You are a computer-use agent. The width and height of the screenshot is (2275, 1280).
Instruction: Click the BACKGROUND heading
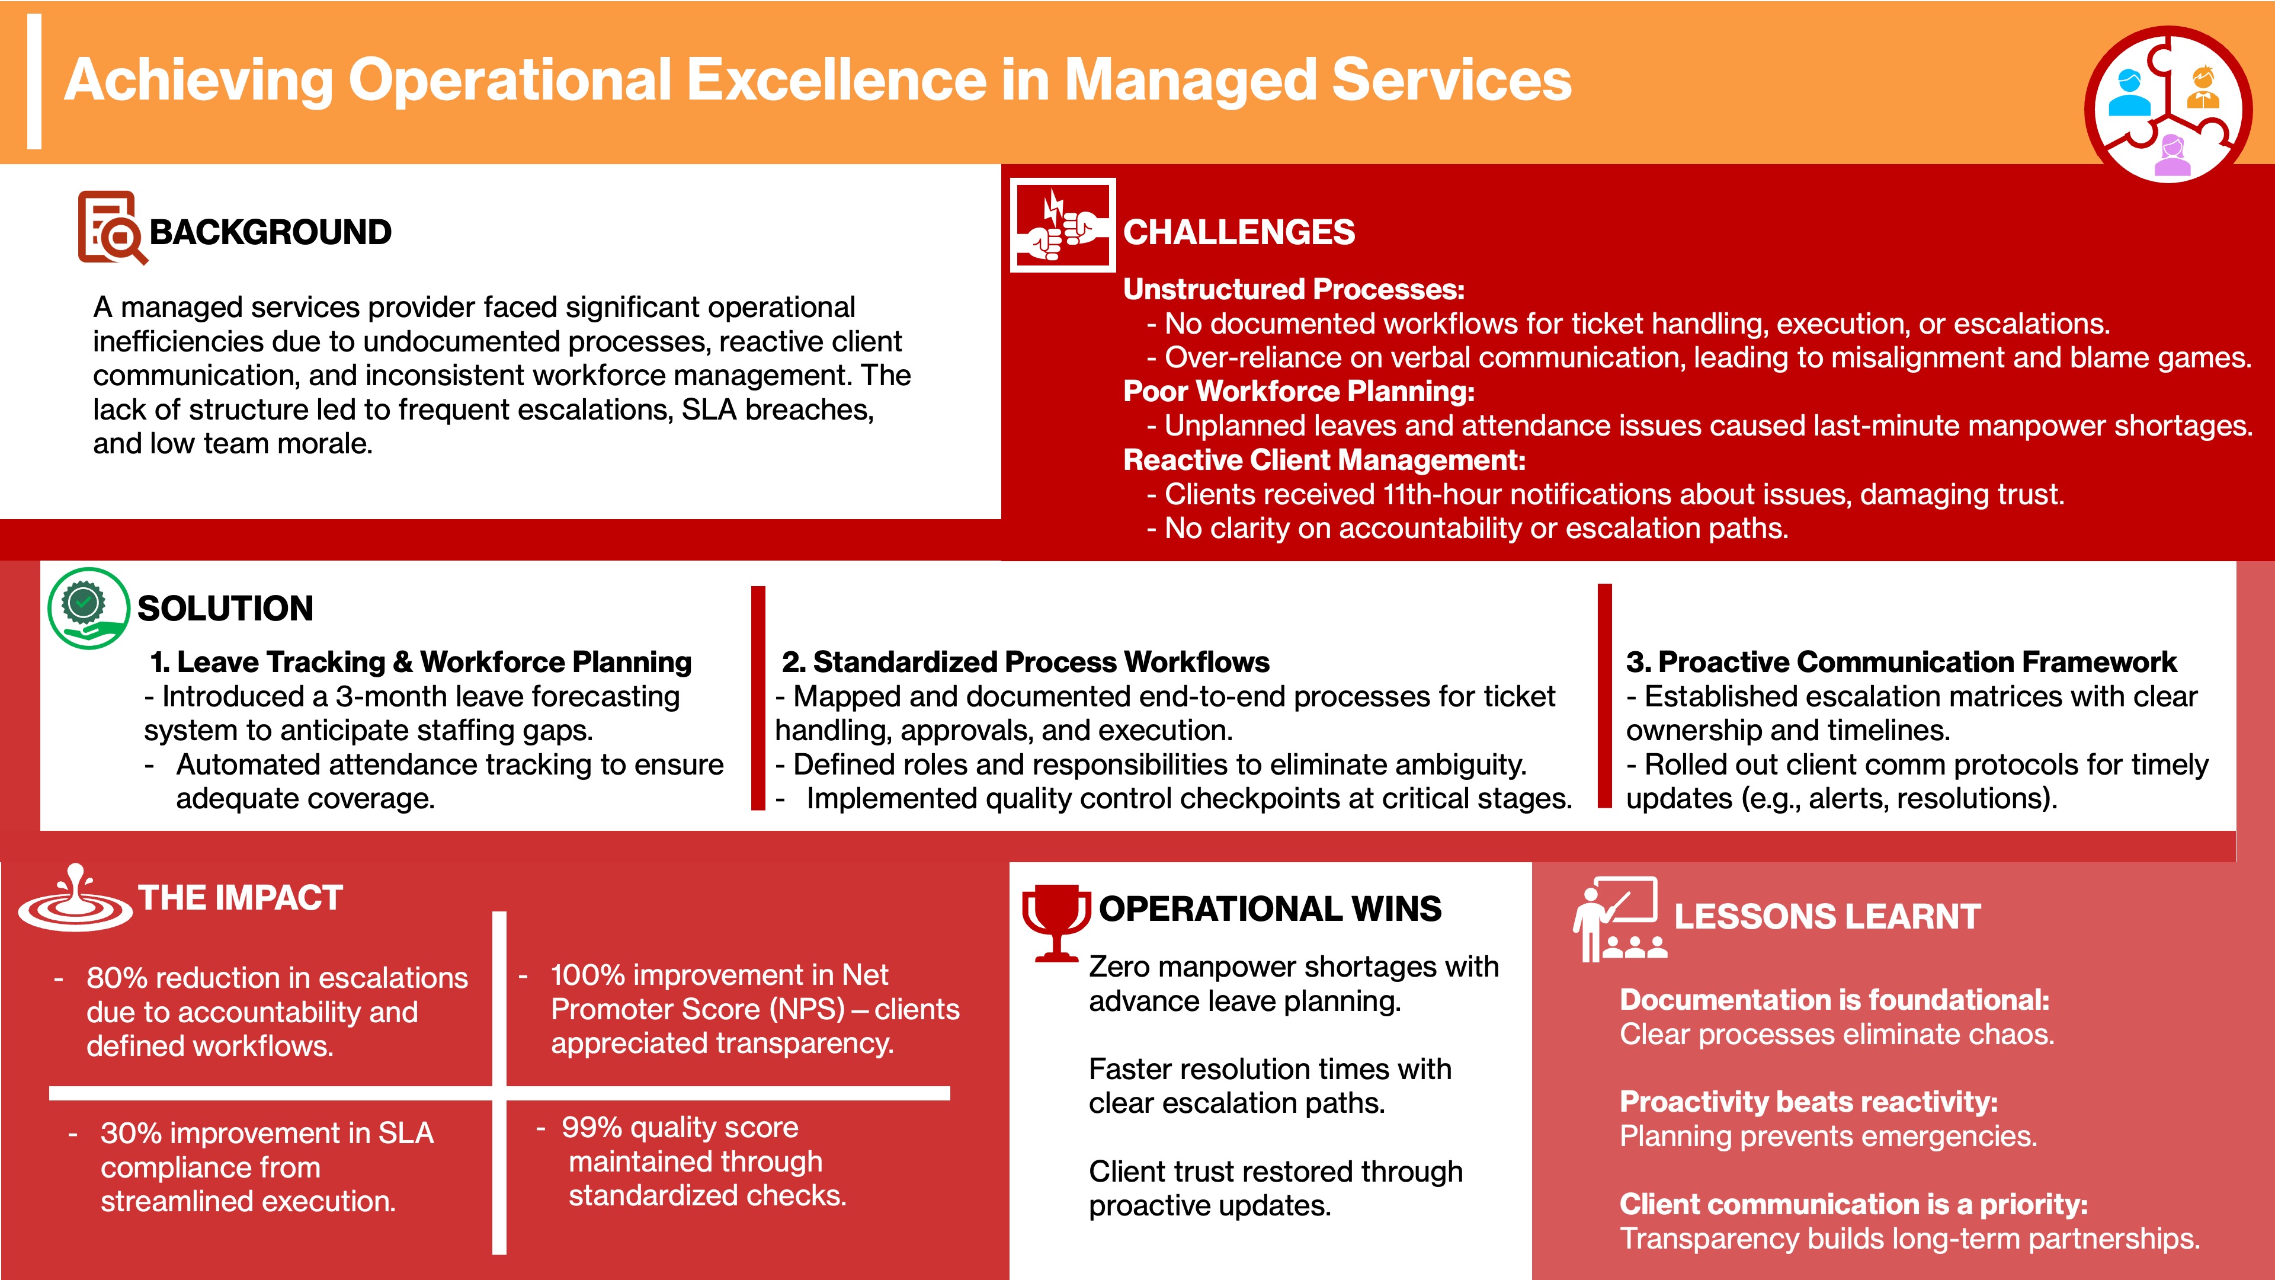click(x=270, y=232)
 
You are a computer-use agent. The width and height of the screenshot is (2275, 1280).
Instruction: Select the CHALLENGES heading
click(x=1238, y=232)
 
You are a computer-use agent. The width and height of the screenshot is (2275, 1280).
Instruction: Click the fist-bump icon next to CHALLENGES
click(x=1062, y=225)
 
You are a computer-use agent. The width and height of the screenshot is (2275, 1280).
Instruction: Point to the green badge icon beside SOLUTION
click(x=88, y=609)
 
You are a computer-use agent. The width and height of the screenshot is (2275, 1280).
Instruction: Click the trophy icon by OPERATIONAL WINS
click(x=1055, y=922)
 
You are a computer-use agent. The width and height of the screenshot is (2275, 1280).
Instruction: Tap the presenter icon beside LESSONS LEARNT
click(x=1619, y=919)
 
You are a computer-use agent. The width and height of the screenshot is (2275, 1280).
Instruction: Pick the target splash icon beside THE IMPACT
click(x=76, y=898)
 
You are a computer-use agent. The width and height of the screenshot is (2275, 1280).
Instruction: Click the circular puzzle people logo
click(x=2168, y=104)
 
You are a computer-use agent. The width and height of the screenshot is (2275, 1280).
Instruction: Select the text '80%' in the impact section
click(x=117, y=978)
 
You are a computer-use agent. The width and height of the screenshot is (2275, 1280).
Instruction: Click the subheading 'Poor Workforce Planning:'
click(x=1298, y=391)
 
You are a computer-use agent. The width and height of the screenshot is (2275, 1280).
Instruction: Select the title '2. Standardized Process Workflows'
click(x=1026, y=662)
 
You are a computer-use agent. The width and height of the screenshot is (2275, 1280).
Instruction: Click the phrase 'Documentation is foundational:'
click(x=1834, y=1000)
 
